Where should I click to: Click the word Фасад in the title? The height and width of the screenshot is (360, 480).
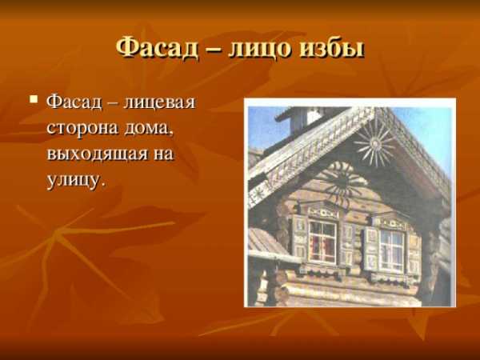coord(157,49)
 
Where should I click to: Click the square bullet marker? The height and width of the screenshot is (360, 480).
coord(34,99)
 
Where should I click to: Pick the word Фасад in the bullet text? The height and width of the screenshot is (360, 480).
coord(74,102)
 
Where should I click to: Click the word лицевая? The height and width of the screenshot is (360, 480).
coord(159,103)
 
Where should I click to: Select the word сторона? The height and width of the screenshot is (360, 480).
coord(82,129)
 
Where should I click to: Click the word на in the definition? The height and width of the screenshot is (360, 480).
coord(164,154)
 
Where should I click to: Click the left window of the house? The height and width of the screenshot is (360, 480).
coord(322,242)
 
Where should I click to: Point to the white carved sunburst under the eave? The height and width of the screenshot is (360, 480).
coord(374,143)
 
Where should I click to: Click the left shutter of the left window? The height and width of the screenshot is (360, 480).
coord(299,236)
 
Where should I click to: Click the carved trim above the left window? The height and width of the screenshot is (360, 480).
coord(323,212)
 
